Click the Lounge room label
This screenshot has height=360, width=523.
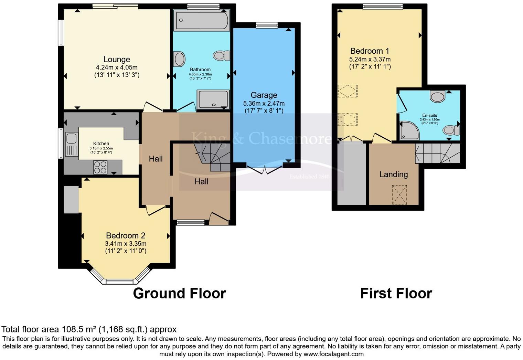(x=117, y=60)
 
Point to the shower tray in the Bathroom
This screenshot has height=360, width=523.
(x=213, y=99)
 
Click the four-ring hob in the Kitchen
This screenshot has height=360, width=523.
(x=100, y=167)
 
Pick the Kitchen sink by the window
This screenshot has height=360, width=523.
(x=71, y=139)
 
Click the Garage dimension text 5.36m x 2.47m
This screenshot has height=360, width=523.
(x=264, y=103)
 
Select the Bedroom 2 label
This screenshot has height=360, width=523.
(x=126, y=236)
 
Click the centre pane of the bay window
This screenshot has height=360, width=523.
(x=119, y=282)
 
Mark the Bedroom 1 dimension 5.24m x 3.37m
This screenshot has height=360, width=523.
(x=370, y=59)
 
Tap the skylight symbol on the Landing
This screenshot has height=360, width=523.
(x=399, y=195)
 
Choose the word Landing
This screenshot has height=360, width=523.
(x=394, y=174)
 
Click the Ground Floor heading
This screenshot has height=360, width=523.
(x=179, y=294)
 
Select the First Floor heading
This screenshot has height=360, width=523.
(x=396, y=294)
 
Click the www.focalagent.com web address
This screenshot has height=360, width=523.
(x=333, y=354)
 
